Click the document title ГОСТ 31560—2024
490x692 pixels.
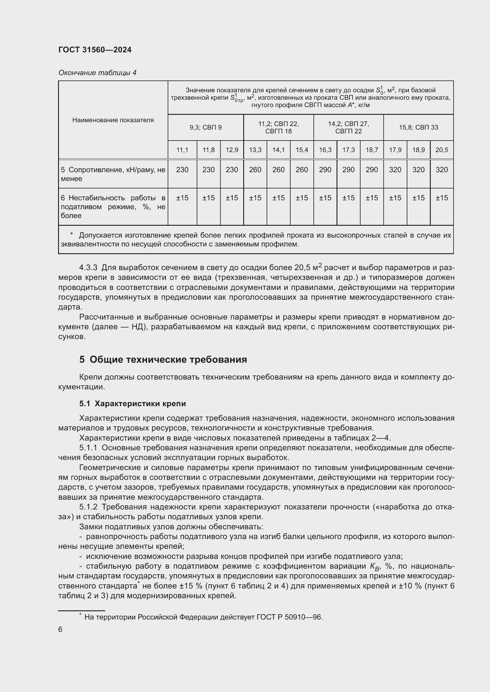(x=95, y=50)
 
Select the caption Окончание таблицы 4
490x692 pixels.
(x=97, y=73)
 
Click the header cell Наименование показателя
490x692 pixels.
(x=113, y=120)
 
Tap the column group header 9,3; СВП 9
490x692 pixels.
(x=206, y=127)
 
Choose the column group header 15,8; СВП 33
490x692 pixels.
(x=418, y=127)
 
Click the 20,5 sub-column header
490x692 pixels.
(x=442, y=150)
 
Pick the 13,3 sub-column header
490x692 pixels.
(x=255, y=150)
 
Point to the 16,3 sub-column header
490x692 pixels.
(x=325, y=150)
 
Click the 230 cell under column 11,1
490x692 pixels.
(x=182, y=170)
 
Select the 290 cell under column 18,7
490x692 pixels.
(x=372, y=170)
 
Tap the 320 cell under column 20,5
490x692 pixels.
(x=442, y=170)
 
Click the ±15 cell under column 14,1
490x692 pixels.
(x=278, y=198)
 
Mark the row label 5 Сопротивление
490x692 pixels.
(x=113, y=174)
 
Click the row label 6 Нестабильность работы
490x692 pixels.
(x=113, y=207)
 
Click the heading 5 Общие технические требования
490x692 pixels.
(x=163, y=359)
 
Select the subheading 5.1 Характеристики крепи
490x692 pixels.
(x=133, y=404)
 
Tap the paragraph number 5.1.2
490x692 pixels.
(x=88, y=507)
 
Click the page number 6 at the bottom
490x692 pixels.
(x=60, y=630)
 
